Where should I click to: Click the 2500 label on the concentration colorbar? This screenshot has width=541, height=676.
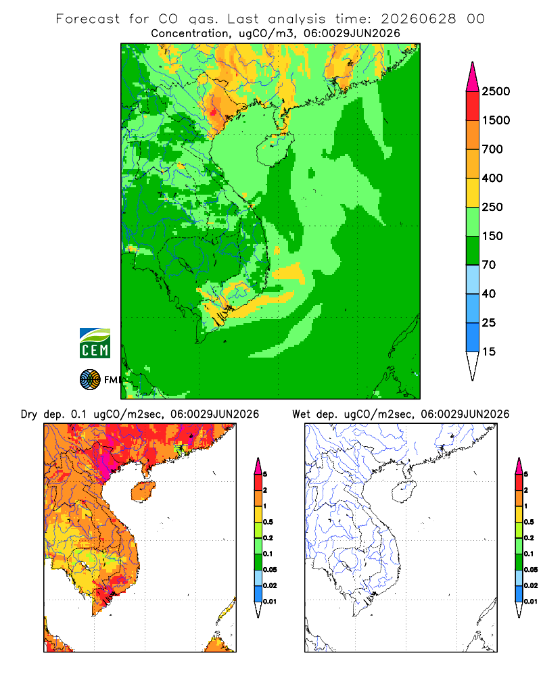(x=496, y=91)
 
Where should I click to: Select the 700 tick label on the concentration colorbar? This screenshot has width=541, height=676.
(x=492, y=149)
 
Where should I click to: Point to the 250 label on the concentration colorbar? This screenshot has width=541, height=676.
(x=492, y=207)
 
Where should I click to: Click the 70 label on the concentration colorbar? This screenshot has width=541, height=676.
(x=489, y=265)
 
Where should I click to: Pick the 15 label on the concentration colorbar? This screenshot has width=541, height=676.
(x=489, y=352)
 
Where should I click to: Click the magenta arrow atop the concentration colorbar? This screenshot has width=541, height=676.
(x=473, y=77)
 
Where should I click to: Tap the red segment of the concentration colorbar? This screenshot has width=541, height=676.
(x=473, y=106)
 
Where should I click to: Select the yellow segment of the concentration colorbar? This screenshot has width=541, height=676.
(x=473, y=193)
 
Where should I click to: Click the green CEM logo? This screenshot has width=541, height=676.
(x=95, y=343)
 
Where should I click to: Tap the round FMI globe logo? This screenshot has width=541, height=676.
(x=90, y=380)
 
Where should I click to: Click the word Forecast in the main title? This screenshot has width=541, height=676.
(x=88, y=19)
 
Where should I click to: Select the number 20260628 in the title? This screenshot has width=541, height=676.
(x=418, y=19)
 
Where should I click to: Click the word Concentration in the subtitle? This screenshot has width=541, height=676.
(x=190, y=33)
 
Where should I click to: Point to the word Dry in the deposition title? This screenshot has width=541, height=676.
(x=29, y=414)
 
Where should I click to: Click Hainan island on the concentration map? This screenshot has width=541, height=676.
(x=275, y=149)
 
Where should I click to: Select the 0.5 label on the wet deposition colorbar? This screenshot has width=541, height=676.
(x=529, y=522)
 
